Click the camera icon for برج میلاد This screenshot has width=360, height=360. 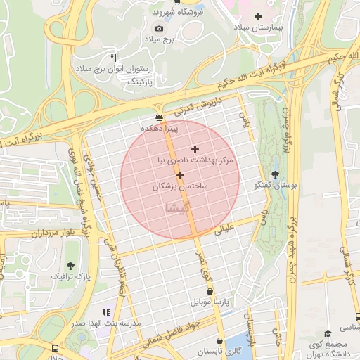159,28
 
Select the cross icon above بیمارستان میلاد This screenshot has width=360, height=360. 258,15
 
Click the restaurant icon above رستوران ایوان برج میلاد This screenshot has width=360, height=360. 113,57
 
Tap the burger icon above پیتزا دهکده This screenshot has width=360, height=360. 160,117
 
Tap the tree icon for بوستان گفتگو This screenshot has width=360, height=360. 274,174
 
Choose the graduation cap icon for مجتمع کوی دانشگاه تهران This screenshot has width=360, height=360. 327,333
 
